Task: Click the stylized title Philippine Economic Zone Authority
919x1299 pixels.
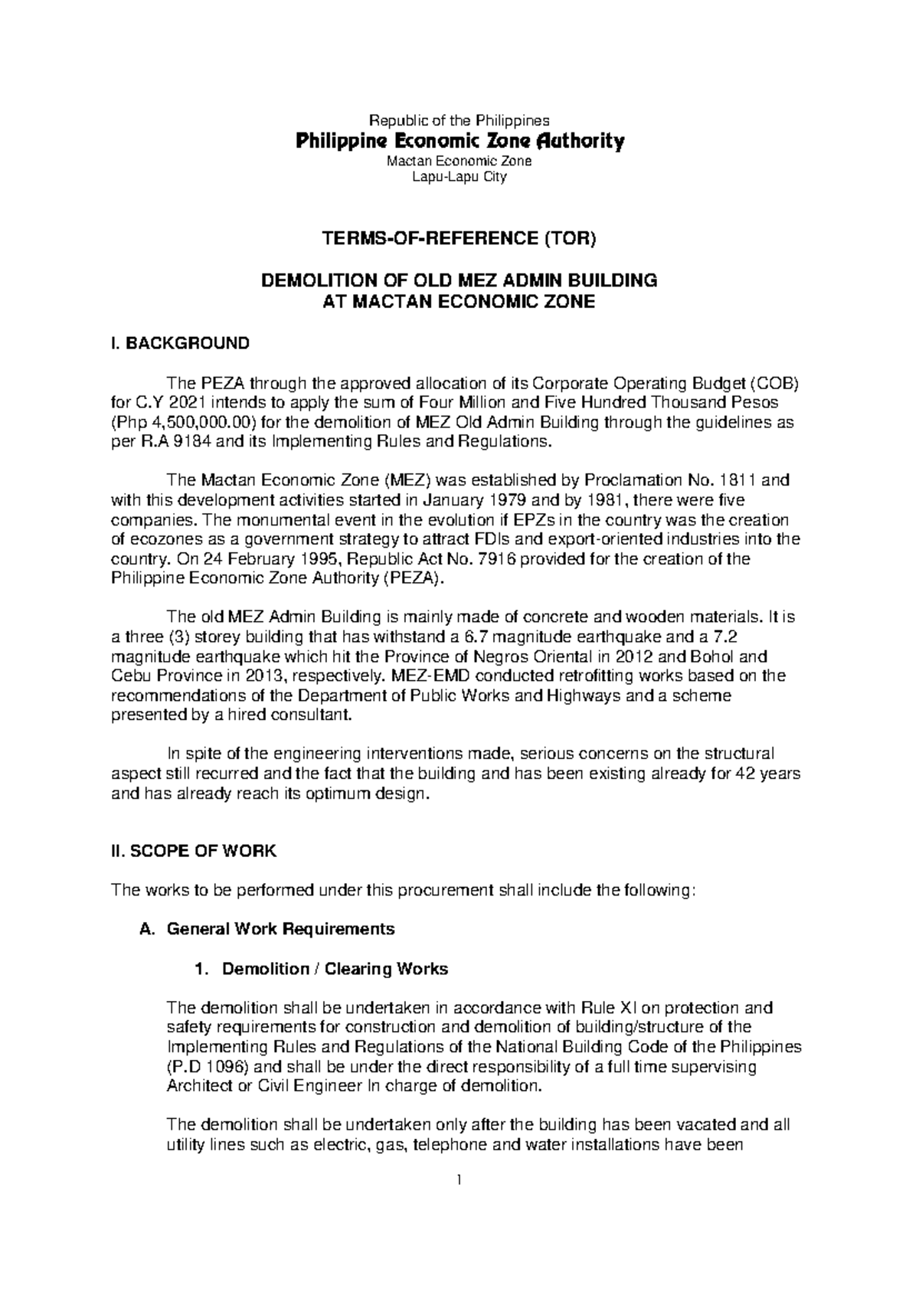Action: pyautogui.click(x=459, y=142)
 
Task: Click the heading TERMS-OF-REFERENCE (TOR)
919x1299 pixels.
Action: pyautogui.click(x=459, y=239)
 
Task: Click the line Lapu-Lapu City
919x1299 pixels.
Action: pyautogui.click(x=459, y=177)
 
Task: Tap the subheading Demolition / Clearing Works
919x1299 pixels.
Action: pyautogui.click(x=335, y=969)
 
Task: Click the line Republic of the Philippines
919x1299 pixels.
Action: pyautogui.click(x=459, y=120)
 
